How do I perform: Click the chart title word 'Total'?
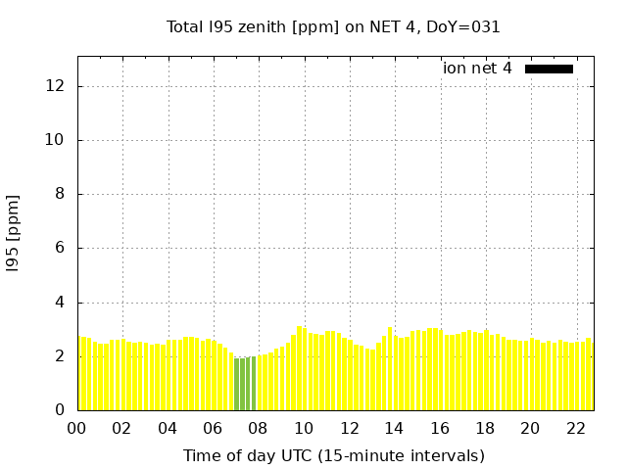[x=185, y=27]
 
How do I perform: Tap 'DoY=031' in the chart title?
[x=466, y=27]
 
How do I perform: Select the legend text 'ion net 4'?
[x=477, y=69]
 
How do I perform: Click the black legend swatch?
[x=549, y=69]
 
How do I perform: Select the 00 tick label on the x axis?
[x=76, y=429]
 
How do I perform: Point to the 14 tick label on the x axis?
[x=394, y=429]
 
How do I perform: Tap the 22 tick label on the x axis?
[x=575, y=429]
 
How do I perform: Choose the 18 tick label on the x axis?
[x=484, y=429]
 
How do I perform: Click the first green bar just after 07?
[x=236, y=385]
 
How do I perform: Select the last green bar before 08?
[x=253, y=384]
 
